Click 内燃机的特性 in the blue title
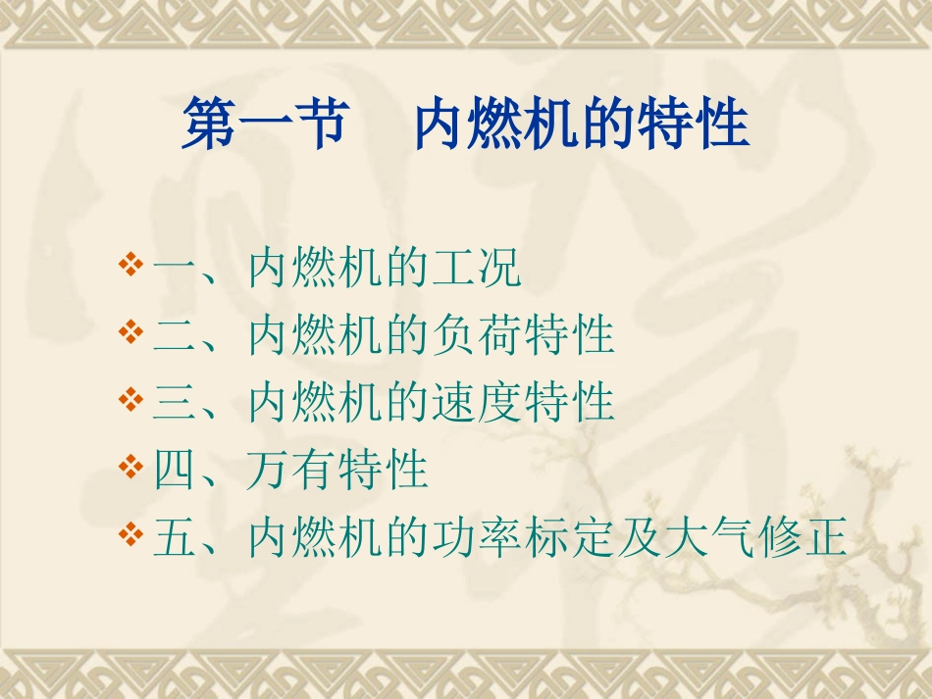point(582,125)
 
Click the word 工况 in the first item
point(476,270)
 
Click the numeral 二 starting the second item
point(175,336)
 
